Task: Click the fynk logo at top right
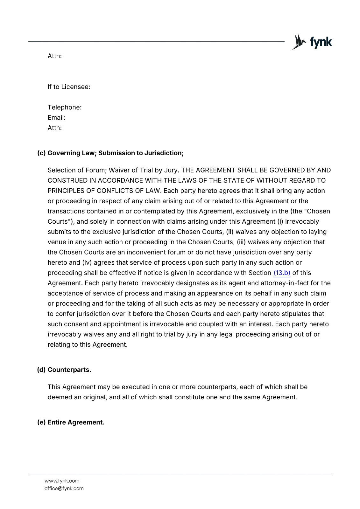[x=312, y=42]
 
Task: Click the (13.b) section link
[x=282, y=273]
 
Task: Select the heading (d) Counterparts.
[x=64, y=370]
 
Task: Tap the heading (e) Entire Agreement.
[x=71, y=422]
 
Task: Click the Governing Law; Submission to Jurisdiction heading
[x=110, y=153]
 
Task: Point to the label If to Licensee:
[x=69, y=87]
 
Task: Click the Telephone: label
[x=65, y=107]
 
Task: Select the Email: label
[x=56, y=118]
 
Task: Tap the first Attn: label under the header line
[x=54, y=56]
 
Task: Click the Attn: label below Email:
[x=54, y=128]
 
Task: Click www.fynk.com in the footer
[x=62, y=481]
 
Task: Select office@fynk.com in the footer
[x=64, y=488]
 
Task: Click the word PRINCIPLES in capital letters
[x=66, y=191]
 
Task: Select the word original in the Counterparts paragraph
[x=94, y=397]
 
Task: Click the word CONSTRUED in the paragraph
[x=67, y=180]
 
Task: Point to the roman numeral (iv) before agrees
[x=87, y=262]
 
